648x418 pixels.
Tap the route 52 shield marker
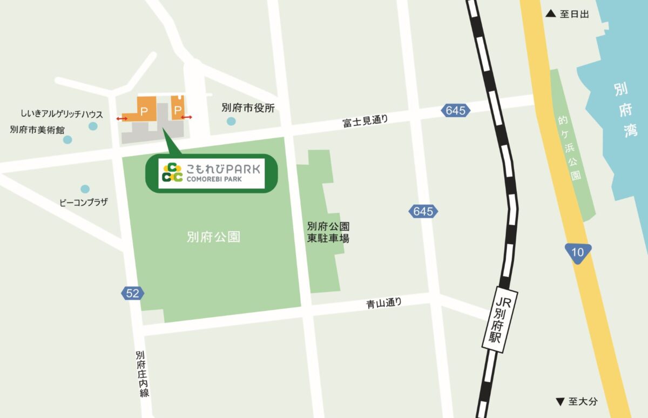pos(133,293)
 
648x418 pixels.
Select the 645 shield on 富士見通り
pos(455,111)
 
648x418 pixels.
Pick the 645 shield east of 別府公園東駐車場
pos(423,211)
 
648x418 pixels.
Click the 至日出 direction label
pos(568,15)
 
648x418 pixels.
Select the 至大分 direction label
pos(577,401)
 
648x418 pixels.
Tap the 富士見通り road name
pos(365,121)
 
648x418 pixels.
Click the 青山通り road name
pos(384,304)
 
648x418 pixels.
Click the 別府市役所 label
pos(248,108)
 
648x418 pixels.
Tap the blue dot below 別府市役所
pos(232,122)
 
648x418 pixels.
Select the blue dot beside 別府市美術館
pos(67,140)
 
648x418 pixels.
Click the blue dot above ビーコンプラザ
pos(85,189)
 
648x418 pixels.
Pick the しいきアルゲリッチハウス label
pos(62,114)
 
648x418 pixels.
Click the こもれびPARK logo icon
pos(173,172)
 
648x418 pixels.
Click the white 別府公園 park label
pos(213,237)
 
